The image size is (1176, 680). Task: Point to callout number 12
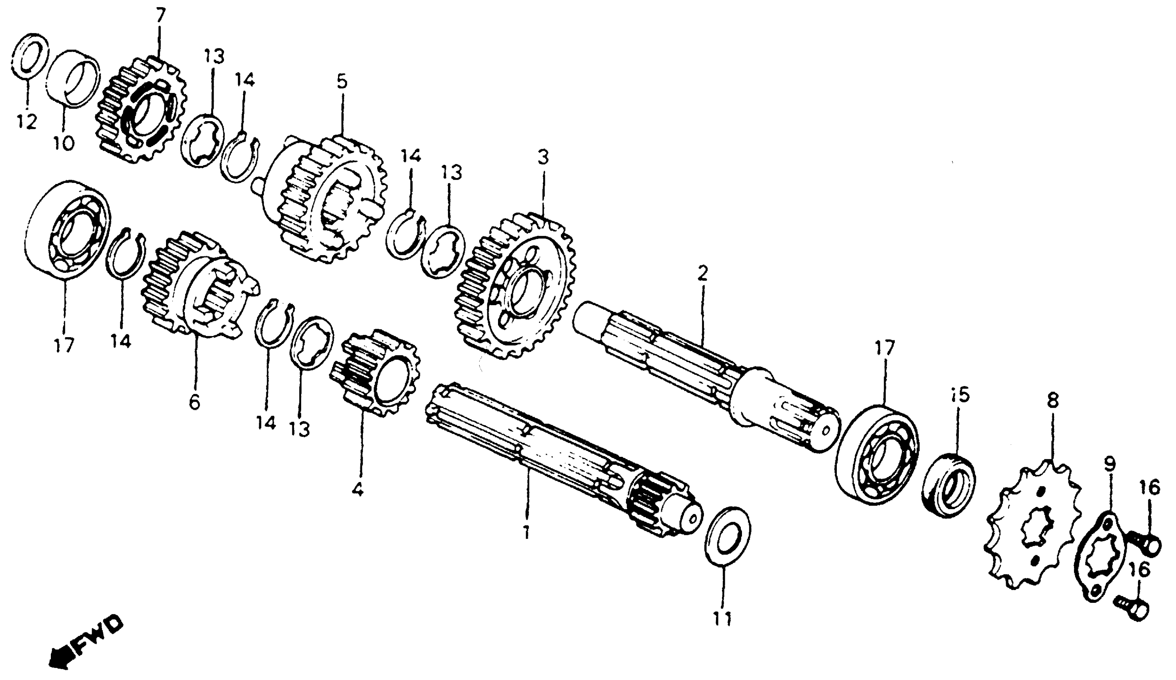(x=26, y=122)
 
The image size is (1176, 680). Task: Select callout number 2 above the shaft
(x=702, y=274)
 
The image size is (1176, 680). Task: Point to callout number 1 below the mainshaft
(x=526, y=532)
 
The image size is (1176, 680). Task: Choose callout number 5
(x=342, y=82)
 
